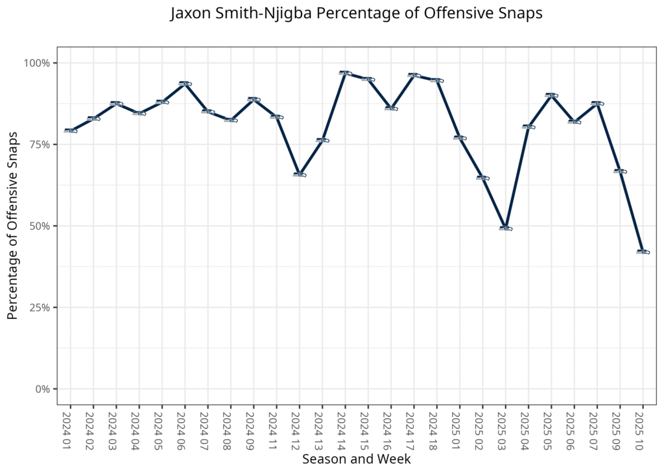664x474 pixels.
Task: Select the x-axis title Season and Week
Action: (x=356, y=459)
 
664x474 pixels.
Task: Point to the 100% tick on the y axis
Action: (x=36, y=63)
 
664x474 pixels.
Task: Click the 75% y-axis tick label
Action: (x=38, y=145)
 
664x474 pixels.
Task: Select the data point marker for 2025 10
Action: (x=643, y=252)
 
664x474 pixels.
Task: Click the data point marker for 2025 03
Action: (x=505, y=228)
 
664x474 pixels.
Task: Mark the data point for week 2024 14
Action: (x=345, y=73)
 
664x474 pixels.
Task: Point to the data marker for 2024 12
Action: (x=299, y=174)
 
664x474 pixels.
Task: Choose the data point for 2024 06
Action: (x=185, y=84)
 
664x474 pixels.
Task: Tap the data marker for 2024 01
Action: (x=70, y=130)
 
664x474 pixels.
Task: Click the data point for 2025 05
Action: (x=551, y=95)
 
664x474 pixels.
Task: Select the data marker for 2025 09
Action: (x=620, y=171)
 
